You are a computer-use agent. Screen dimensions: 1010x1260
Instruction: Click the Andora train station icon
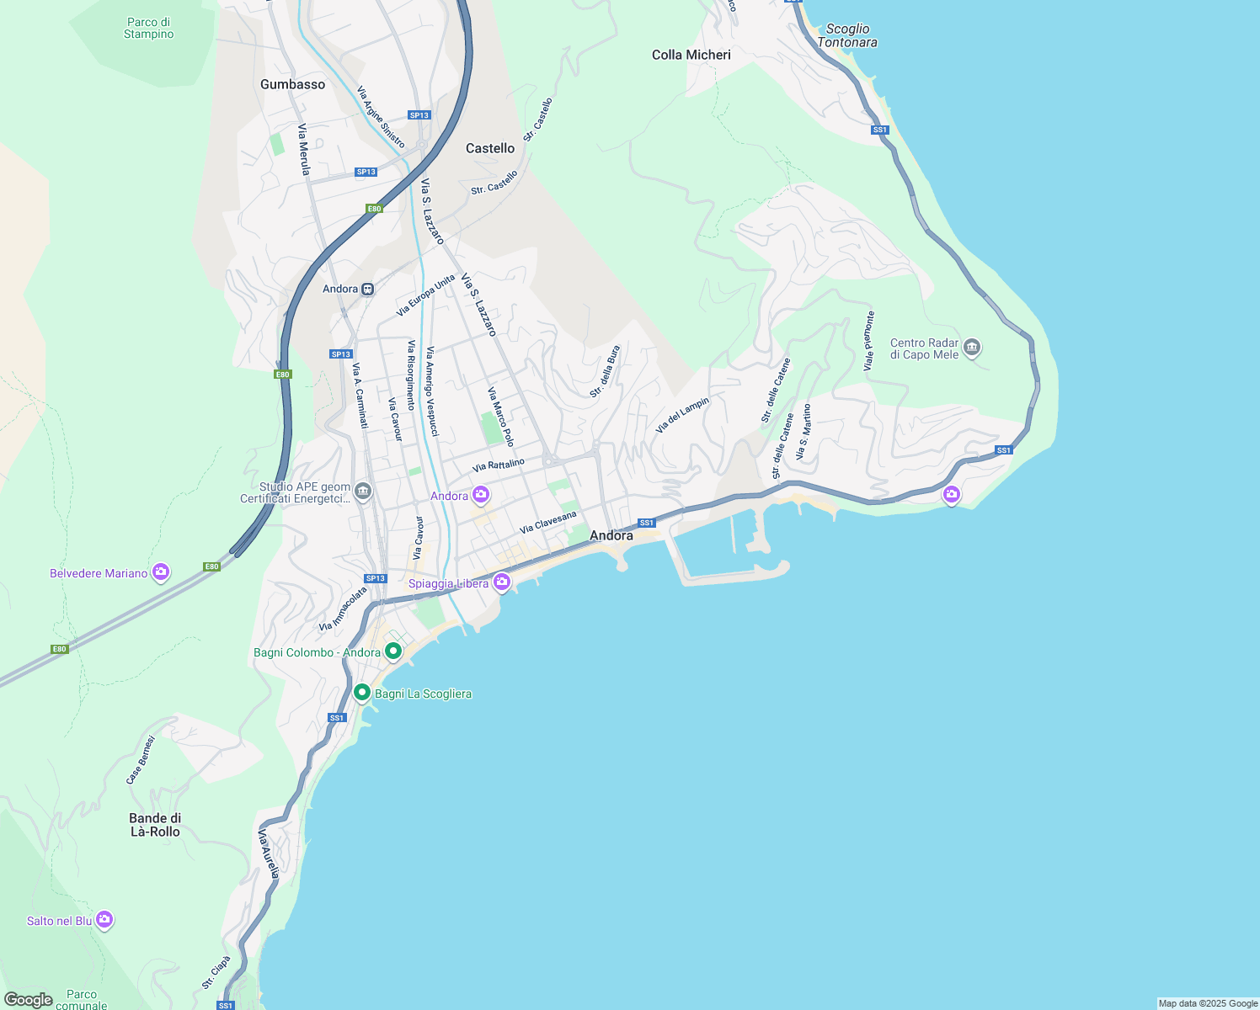click(367, 290)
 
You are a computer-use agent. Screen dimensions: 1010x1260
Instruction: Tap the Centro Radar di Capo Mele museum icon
click(972, 348)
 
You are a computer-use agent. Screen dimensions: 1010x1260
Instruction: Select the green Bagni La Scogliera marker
click(362, 693)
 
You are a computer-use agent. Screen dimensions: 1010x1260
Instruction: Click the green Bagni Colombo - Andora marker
click(393, 651)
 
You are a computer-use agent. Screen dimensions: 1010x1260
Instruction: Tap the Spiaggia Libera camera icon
click(502, 582)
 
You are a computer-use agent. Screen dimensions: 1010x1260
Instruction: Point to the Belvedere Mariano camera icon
click(161, 572)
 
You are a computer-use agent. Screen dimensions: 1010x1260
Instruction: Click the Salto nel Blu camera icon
click(104, 919)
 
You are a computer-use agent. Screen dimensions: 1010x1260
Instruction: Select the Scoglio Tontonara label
click(847, 35)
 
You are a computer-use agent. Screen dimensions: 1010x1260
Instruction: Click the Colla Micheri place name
click(691, 55)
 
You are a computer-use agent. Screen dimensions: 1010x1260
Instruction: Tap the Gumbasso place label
click(292, 84)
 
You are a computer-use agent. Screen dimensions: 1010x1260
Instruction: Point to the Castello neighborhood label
click(490, 148)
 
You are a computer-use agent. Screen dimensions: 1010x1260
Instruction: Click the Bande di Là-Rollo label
click(155, 825)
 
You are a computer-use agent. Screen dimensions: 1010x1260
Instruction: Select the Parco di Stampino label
click(148, 28)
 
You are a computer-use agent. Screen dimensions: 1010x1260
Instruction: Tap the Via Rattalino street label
click(499, 465)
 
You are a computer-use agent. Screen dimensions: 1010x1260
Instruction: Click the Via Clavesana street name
click(548, 522)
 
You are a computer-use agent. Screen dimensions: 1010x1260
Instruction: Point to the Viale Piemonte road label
click(869, 341)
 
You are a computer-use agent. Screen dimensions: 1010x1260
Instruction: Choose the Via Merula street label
click(304, 150)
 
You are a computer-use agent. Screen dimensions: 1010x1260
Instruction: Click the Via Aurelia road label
click(268, 853)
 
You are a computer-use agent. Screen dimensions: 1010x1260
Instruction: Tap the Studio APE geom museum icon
click(363, 491)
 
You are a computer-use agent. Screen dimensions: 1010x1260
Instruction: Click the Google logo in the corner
click(28, 1000)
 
